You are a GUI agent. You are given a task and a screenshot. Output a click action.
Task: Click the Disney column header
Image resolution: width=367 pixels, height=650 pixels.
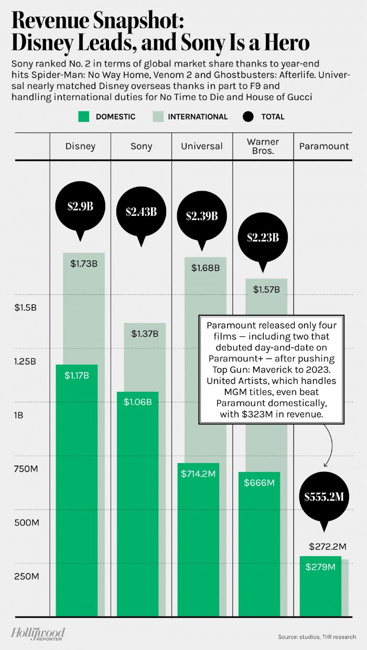point(80,146)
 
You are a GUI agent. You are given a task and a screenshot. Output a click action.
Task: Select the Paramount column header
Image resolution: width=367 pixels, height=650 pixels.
point(324,146)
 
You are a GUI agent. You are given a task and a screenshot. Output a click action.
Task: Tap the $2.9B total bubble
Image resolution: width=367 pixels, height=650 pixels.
point(80,206)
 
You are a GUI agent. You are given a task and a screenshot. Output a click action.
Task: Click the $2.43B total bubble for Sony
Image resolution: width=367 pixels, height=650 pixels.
point(141,212)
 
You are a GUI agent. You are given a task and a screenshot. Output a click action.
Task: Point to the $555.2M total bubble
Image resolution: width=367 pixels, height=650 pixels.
point(324,497)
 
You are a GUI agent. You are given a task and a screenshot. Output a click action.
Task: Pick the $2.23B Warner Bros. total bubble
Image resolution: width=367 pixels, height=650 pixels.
point(263,237)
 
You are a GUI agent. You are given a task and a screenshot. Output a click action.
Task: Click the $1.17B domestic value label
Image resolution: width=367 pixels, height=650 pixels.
point(77,375)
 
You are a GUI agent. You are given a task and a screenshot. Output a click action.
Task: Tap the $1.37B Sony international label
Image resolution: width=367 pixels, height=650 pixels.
point(145,333)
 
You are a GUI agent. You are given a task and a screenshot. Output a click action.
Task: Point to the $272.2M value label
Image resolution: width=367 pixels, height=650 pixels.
point(328,547)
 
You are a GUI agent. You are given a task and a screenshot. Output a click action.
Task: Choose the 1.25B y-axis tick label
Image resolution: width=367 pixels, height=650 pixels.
point(26,361)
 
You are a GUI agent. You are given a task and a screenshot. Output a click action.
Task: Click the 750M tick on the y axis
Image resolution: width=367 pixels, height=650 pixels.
point(26,469)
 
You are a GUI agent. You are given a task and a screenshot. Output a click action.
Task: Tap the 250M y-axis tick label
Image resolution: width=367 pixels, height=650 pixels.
point(26,577)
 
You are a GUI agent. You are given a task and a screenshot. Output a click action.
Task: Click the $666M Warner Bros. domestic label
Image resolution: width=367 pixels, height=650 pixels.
point(259,482)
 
